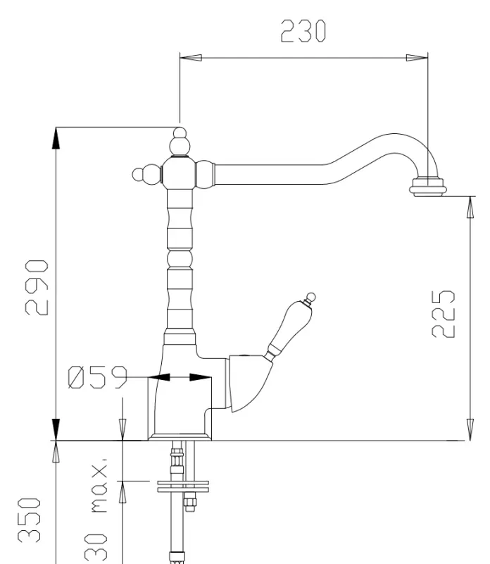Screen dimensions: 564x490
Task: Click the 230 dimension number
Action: [x=303, y=31]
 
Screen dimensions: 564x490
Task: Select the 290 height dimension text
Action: [x=37, y=287]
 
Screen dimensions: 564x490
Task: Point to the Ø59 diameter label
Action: [x=97, y=378]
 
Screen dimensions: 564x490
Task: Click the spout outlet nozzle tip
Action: [x=427, y=188]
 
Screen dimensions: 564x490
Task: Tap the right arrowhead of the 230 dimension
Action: [x=420, y=58]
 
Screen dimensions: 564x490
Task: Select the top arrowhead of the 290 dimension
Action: [x=56, y=137]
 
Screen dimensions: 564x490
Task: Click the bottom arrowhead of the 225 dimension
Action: [x=470, y=430]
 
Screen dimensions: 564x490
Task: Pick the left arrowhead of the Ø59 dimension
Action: [x=159, y=378]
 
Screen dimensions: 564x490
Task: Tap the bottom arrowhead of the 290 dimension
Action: [x=56, y=430]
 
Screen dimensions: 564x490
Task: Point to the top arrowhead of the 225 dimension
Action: [x=470, y=207]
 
